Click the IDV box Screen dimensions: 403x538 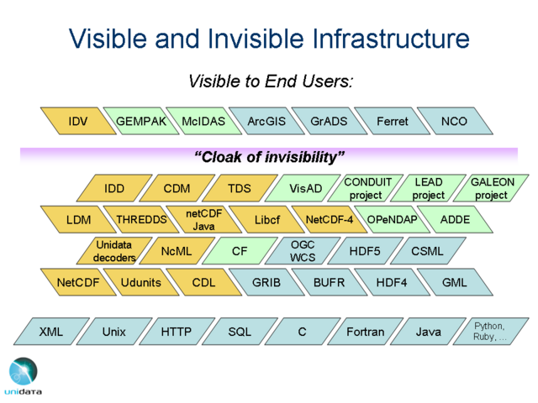coord(78,122)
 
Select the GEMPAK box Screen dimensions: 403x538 coord(141,122)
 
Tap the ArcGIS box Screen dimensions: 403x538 coord(266,122)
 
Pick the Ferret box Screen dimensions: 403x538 coord(392,122)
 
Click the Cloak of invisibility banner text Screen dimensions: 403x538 coord(269,157)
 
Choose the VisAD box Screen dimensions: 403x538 coord(305,189)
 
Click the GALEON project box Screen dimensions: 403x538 coord(491,189)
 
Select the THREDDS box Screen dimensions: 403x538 coord(141,220)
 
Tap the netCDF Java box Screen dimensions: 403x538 coord(203,220)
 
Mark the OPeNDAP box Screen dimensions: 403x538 coord(392,220)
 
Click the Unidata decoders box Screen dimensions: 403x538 coord(114,251)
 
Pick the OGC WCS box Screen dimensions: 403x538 coord(303,251)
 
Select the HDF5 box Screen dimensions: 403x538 coord(365,251)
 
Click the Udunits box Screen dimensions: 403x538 coord(141,283)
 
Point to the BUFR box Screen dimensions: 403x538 coord(329,283)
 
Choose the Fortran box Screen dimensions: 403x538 coord(366,332)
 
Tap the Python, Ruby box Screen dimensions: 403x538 coord(491,332)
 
